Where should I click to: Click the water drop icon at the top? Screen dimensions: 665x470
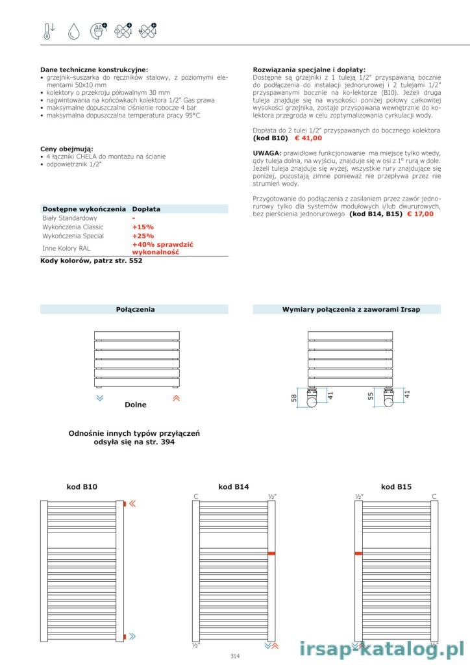tap(73, 31)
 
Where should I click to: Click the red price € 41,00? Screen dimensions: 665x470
tap(309, 138)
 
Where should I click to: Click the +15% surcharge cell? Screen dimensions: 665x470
tap(143, 227)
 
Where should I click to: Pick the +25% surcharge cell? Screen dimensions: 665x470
tap(143, 236)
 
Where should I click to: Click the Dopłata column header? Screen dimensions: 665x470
tap(146, 209)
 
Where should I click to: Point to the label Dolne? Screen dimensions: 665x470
tap(135, 405)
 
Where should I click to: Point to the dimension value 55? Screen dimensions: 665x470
tap(371, 397)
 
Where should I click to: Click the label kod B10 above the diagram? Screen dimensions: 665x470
tap(82, 486)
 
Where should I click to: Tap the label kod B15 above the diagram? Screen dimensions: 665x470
tap(396, 486)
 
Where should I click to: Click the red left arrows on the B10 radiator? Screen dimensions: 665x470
tap(132, 503)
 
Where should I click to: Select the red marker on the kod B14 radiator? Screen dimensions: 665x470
tap(271, 553)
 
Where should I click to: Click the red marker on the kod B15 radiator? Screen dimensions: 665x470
tap(358, 553)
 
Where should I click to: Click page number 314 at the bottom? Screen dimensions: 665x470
tap(235, 656)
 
